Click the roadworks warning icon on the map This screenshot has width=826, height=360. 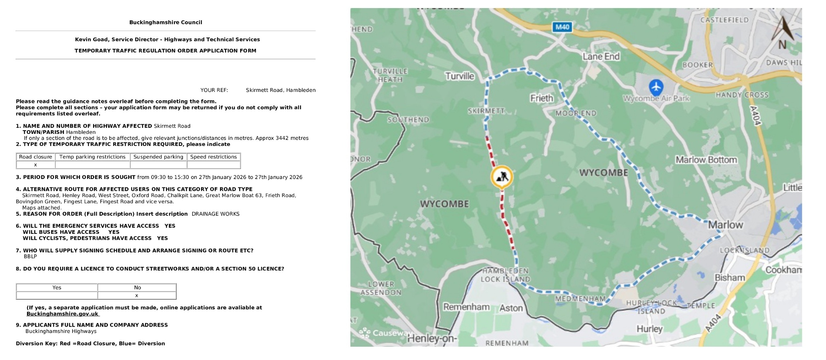point(502,177)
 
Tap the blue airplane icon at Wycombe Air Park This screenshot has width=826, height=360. point(656,87)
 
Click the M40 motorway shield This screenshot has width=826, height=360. point(562,27)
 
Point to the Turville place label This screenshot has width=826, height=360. point(459,76)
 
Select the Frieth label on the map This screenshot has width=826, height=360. point(542,98)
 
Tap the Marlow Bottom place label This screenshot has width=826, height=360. point(706,160)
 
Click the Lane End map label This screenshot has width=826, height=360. point(601,56)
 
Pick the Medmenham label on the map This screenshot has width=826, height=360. point(580,299)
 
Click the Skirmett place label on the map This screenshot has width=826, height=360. point(486,111)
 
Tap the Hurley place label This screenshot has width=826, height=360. point(649,329)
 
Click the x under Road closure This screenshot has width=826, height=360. point(35,165)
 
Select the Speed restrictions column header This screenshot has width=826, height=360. point(214,157)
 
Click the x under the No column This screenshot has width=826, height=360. point(137,295)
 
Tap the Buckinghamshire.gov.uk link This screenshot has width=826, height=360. point(62,314)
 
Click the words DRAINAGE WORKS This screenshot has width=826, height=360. point(216,214)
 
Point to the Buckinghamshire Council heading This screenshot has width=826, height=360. point(166,23)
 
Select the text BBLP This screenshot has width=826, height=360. point(30,256)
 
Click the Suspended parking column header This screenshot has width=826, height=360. point(158,157)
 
